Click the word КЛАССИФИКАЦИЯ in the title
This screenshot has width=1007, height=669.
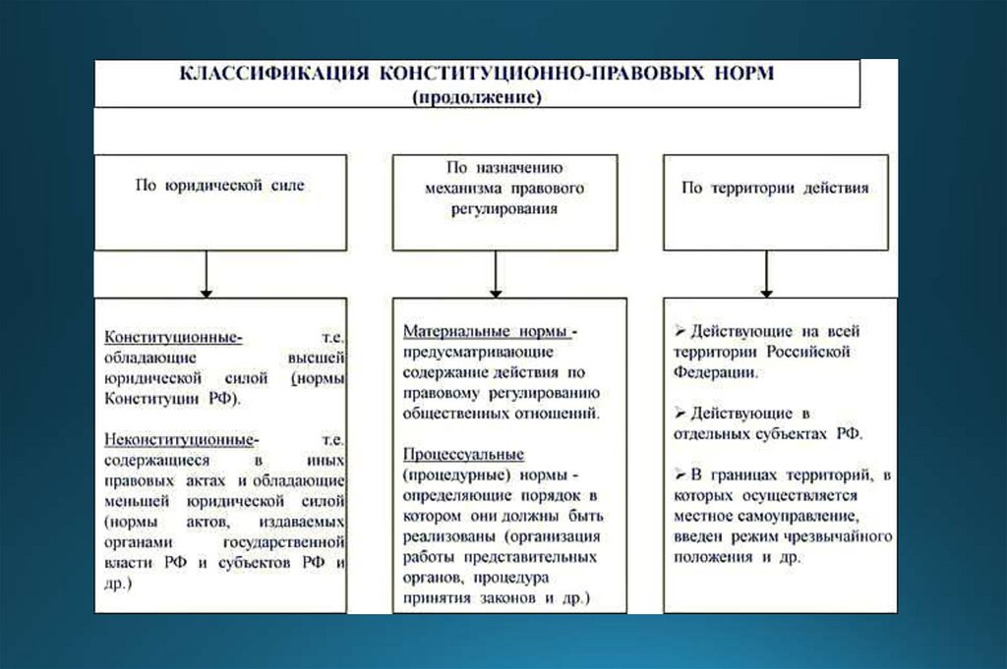pyautogui.click(x=259, y=75)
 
